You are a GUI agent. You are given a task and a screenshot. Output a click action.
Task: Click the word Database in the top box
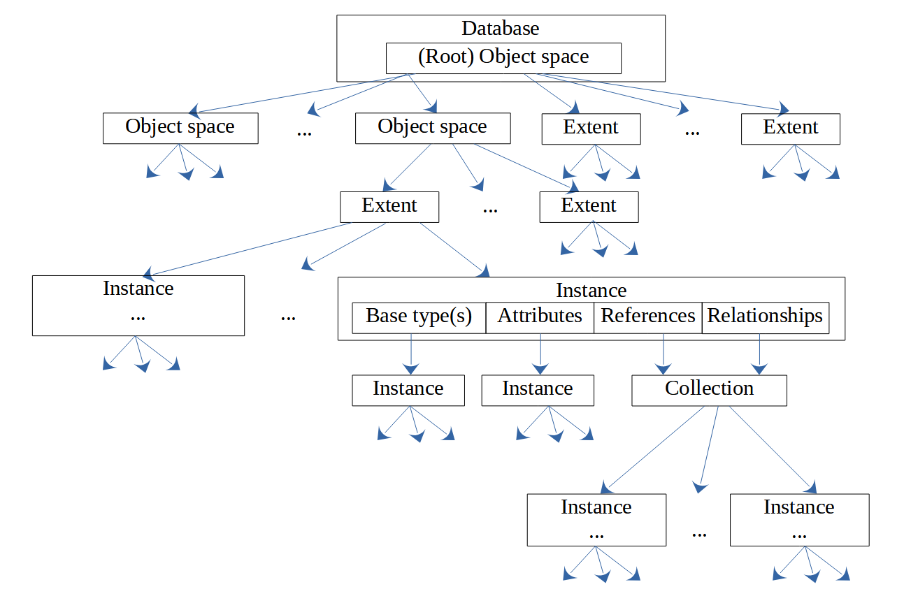click(x=501, y=29)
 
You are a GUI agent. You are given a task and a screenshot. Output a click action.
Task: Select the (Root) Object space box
click(x=503, y=58)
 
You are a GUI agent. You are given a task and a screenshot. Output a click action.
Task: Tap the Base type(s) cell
click(x=419, y=317)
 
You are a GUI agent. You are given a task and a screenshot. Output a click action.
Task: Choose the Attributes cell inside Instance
click(x=540, y=317)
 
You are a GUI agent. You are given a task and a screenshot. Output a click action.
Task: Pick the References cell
click(x=648, y=317)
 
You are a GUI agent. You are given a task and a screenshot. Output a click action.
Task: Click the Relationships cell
click(x=766, y=317)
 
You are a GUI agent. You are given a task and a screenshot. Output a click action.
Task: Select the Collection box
click(x=709, y=390)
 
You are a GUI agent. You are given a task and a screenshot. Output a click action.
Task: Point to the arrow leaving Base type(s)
click(x=410, y=354)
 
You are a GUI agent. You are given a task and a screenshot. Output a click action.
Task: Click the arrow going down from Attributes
click(x=540, y=354)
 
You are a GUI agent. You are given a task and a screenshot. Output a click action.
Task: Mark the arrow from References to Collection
click(x=663, y=354)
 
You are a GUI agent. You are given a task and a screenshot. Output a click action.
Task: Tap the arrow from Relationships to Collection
click(x=760, y=354)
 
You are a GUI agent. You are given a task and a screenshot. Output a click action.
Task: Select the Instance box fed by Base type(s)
click(x=408, y=390)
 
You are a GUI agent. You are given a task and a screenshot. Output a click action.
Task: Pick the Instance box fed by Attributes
click(x=538, y=390)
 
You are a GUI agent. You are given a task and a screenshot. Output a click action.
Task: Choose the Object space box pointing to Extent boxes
click(x=433, y=129)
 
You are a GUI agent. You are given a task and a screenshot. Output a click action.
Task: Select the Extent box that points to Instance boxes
click(x=389, y=207)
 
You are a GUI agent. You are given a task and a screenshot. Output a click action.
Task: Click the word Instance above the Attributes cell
click(x=591, y=290)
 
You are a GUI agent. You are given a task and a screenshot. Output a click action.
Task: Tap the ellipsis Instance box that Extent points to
click(x=138, y=305)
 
